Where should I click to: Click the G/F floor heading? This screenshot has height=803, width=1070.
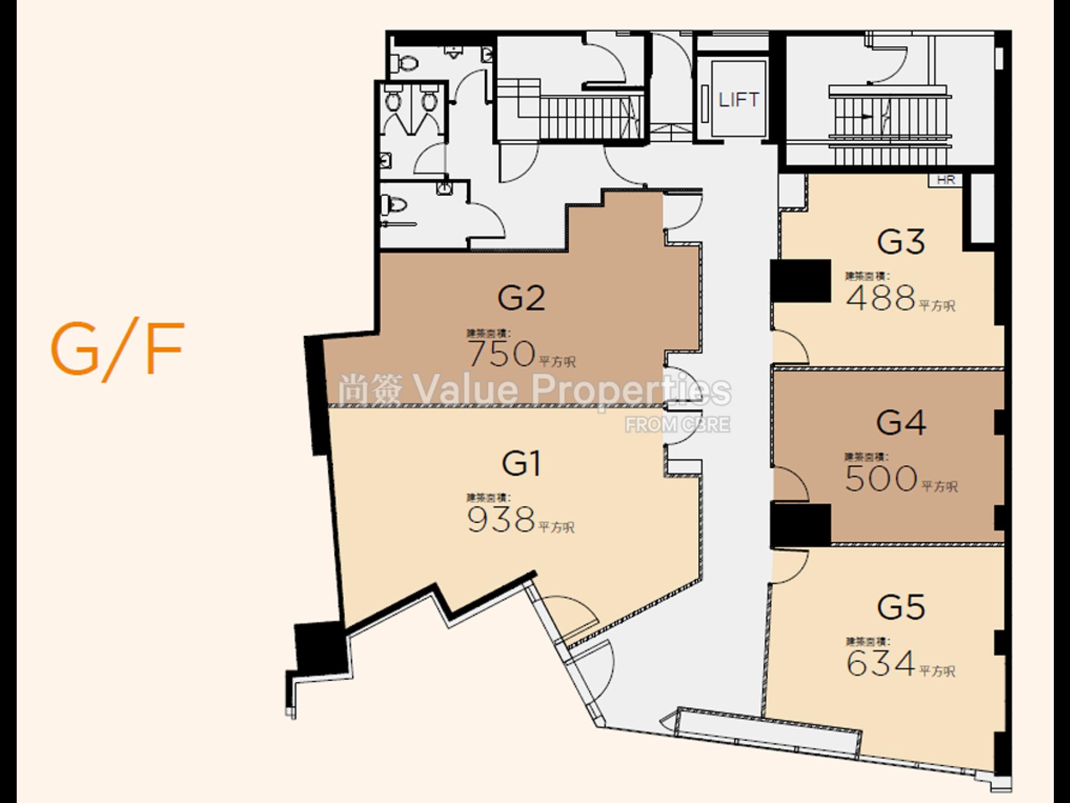[117, 349]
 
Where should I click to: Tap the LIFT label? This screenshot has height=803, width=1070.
[738, 100]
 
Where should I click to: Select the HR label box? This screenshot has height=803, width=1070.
[946, 180]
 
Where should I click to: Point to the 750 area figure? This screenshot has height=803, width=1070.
[502, 354]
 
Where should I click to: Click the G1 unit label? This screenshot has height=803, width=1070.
[521, 464]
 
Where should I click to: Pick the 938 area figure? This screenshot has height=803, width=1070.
[501, 520]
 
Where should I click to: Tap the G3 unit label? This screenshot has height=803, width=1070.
[901, 242]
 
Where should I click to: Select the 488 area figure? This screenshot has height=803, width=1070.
[881, 298]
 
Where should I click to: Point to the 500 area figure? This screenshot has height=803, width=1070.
[881, 478]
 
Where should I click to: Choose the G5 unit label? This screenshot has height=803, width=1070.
[901, 607]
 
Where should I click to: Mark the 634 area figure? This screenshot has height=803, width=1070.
[881, 663]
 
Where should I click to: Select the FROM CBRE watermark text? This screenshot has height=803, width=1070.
[677, 425]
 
